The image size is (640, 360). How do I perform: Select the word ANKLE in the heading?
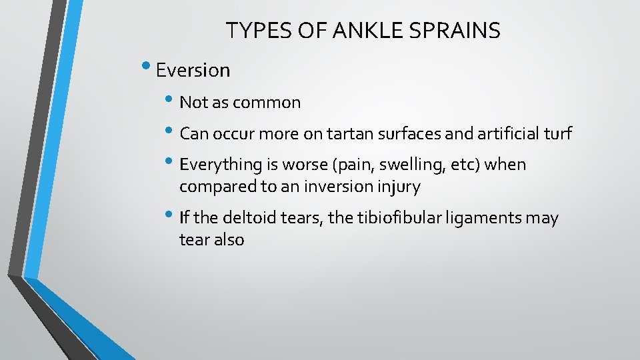(361, 30)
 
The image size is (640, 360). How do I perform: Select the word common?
(273, 103)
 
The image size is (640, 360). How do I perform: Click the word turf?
(557, 134)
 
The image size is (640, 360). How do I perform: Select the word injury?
(399, 187)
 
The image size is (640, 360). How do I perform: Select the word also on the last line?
(229, 240)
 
